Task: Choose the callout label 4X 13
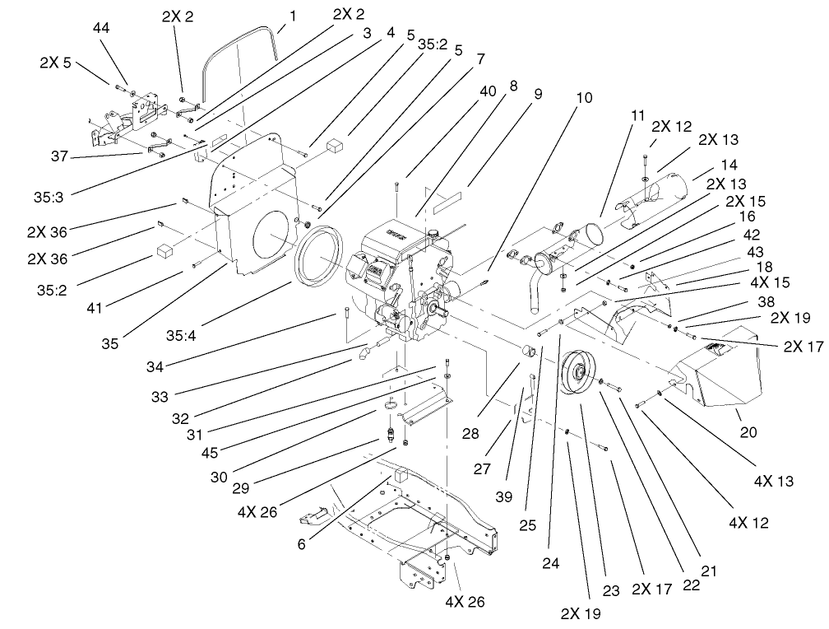[x=774, y=481]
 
